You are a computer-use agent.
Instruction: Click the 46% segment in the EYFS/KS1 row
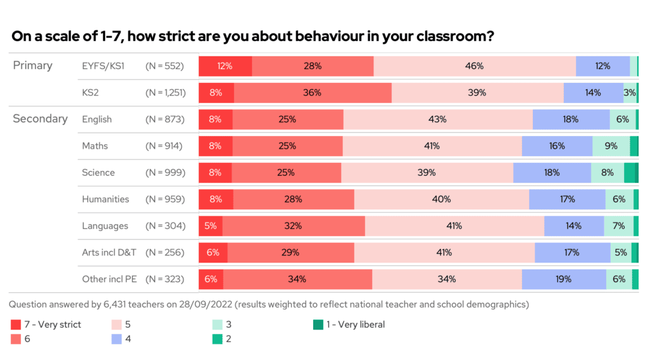tap(475, 66)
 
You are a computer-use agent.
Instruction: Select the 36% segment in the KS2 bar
tap(313, 92)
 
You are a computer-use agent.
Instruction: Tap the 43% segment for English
tap(437, 119)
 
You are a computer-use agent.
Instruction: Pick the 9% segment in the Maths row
tap(611, 146)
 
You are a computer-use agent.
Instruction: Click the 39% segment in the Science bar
tap(427, 172)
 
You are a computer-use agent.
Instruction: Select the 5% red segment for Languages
tap(210, 226)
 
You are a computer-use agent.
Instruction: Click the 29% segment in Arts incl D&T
tap(290, 252)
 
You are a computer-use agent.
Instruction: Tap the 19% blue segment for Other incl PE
tap(563, 279)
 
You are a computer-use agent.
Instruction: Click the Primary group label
tap(32, 66)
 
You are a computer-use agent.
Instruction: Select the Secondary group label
tap(40, 119)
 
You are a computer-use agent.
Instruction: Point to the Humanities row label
tap(105, 199)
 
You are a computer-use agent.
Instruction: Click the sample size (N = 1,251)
tap(165, 92)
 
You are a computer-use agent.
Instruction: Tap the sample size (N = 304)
tap(165, 226)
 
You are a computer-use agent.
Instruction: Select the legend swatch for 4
tap(116, 339)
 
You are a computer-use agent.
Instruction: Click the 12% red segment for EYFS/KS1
tap(225, 66)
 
